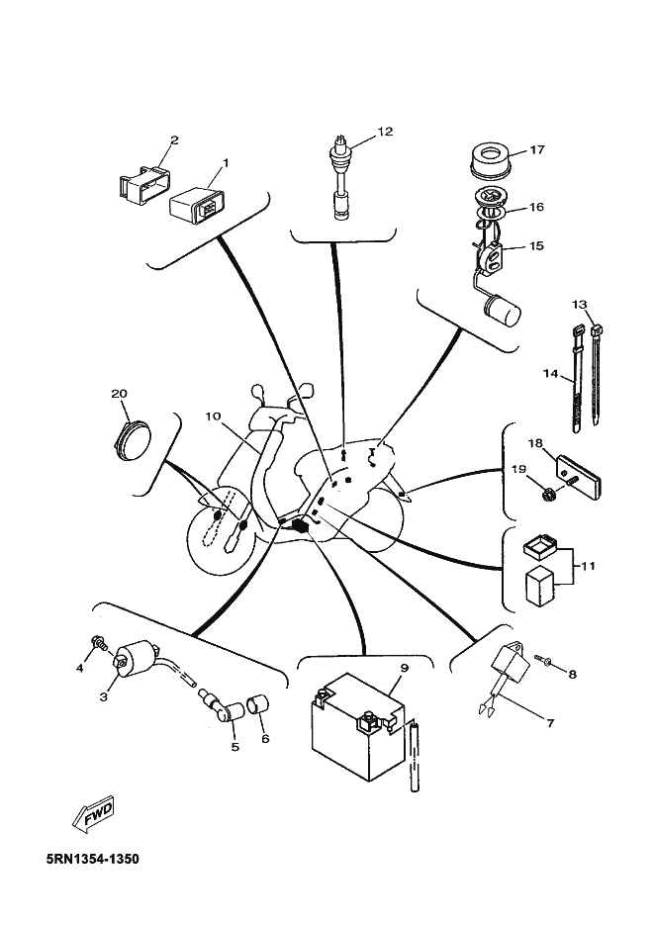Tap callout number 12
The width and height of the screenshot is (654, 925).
385,132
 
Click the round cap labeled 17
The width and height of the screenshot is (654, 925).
488,158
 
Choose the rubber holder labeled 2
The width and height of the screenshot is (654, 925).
143,186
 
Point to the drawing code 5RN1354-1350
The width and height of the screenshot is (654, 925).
93,858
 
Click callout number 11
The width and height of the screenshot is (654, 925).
588,566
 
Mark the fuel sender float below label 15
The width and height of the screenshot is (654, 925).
502,311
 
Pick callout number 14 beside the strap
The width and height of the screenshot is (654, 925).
550,374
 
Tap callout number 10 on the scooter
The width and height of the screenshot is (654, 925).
213,416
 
